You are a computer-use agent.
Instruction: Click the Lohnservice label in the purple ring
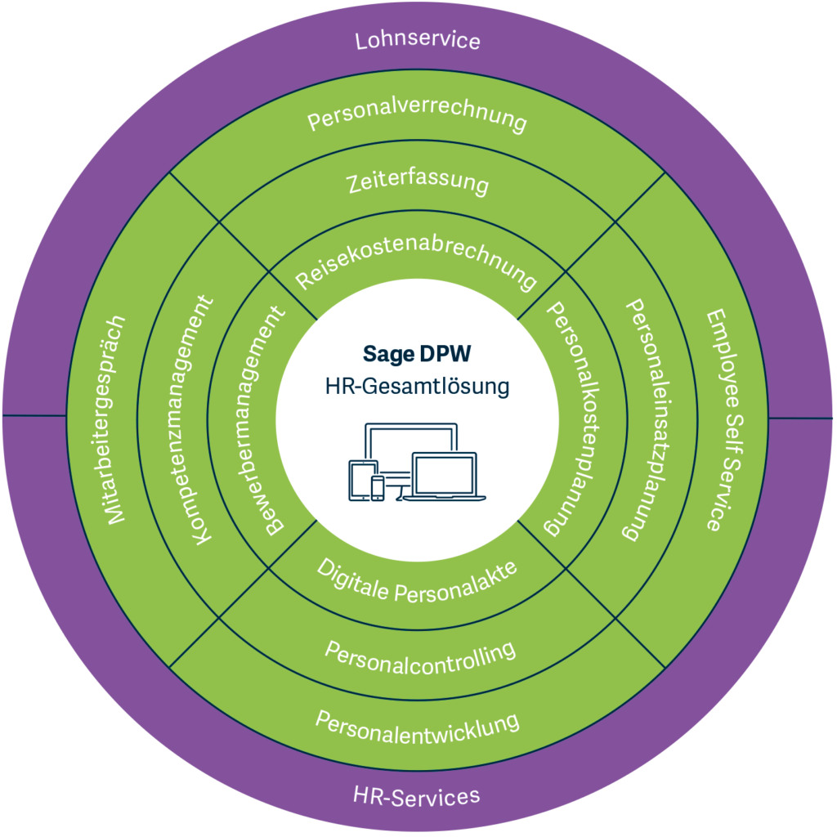pos(418,41)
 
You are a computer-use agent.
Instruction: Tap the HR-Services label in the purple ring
pos(416,796)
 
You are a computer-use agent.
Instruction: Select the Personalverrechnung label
pos(418,116)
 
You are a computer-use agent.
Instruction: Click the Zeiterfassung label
pos(418,181)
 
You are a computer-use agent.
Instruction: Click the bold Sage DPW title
pos(417,354)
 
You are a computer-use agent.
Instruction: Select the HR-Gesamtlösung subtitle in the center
pos(417,386)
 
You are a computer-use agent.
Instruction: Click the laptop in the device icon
pos(445,477)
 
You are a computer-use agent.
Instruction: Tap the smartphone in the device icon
pos(378,488)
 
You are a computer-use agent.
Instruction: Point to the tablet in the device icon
pos(363,480)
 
